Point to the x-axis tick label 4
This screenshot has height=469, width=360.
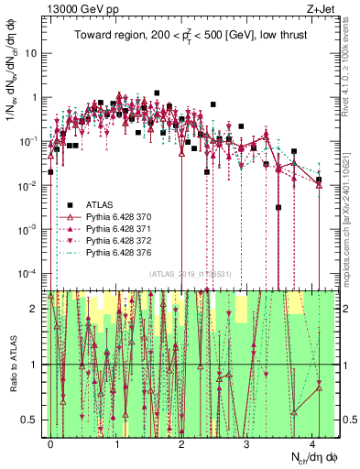pos(312,442)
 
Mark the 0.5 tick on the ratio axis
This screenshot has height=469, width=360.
pos(33,420)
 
